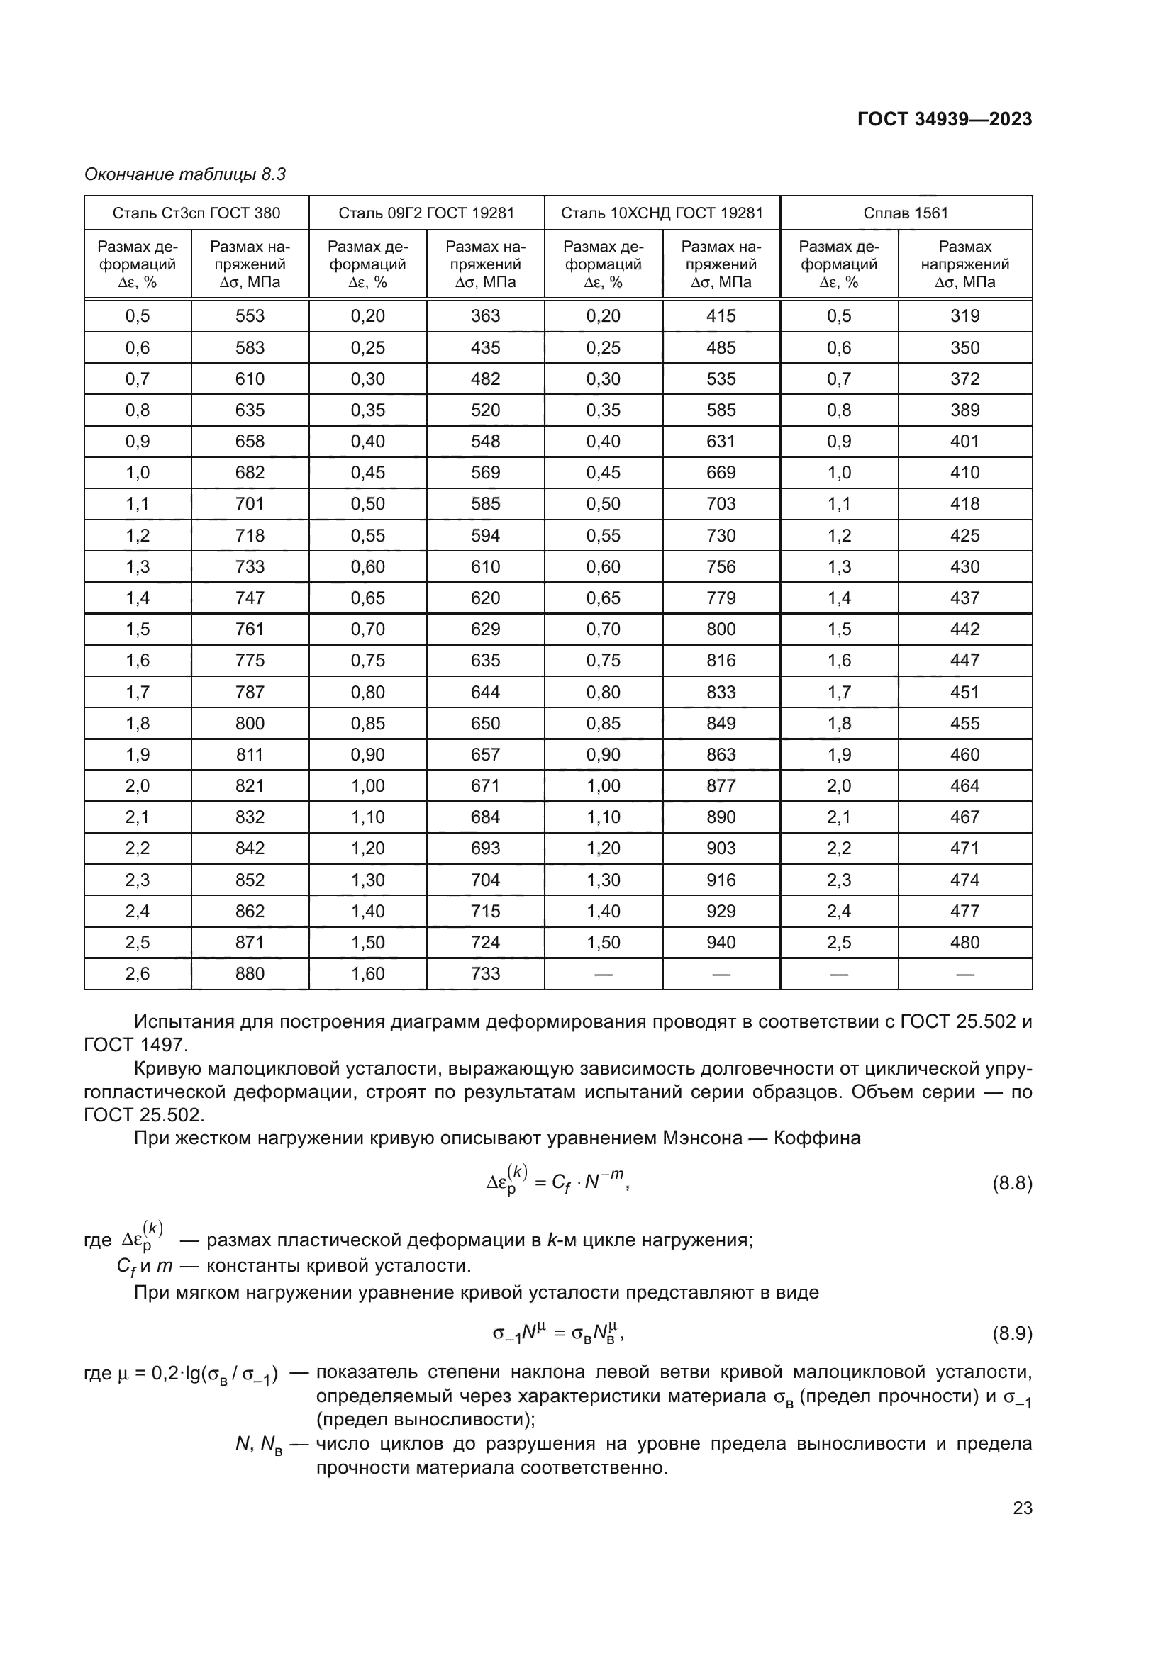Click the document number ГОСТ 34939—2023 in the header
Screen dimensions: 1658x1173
coord(944,120)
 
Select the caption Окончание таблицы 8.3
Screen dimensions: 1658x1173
coord(185,174)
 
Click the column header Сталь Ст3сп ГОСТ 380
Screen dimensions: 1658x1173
coord(196,213)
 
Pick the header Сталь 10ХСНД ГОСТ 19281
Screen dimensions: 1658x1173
coord(662,213)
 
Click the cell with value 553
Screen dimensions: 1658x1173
coord(250,316)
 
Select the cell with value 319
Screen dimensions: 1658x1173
coord(964,316)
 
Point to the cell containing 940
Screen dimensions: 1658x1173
coord(720,942)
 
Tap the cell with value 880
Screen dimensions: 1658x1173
coord(250,973)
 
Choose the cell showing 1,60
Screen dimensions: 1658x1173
coord(367,973)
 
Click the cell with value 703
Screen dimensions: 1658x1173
coord(720,504)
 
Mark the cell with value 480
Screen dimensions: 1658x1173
coord(964,942)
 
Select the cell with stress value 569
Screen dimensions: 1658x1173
coord(484,473)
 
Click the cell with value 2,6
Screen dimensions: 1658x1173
coord(138,973)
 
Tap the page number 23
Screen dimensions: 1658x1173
coord(1022,1508)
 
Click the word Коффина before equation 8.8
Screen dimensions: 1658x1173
coord(817,1138)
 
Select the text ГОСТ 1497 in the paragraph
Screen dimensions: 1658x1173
coord(134,1045)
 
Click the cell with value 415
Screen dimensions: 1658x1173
coord(720,316)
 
